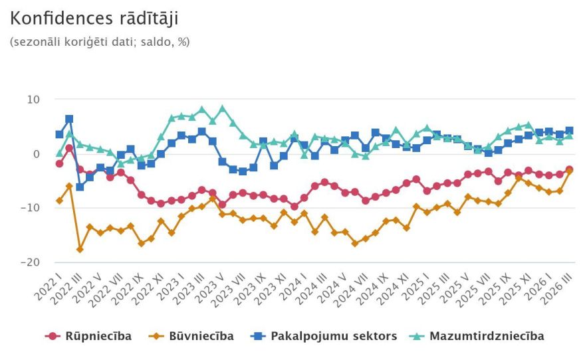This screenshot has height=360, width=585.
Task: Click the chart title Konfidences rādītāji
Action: click(x=94, y=18)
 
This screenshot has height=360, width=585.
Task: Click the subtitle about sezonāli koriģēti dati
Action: click(x=100, y=41)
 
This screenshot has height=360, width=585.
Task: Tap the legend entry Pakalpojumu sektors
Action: click(x=326, y=336)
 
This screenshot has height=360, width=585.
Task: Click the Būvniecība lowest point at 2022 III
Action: click(x=80, y=249)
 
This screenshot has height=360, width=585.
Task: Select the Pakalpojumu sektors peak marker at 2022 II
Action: click(x=69, y=120)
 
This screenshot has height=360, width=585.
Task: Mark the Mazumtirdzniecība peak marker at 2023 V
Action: click(x=223, y=108)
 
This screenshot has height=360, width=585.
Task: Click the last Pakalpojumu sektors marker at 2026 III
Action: click(x=569, y=131)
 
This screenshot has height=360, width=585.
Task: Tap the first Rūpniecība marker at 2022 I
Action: click(x=59, y=163)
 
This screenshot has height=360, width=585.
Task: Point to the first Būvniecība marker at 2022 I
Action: click(x=59, y=201)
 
